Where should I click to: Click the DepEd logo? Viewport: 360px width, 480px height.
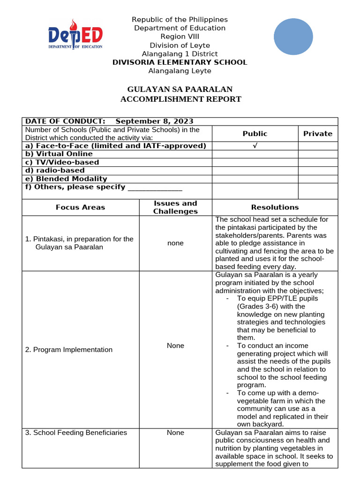pyautogui.click(x=75, y=35)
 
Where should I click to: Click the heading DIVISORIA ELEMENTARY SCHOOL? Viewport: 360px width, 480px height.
pyautogui.click(x=180, y=62)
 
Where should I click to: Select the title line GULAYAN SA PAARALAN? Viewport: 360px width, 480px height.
pyautogui.click(x=180, y=89)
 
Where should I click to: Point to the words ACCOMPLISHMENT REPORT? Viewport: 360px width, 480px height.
pyautogui.click(x=180, y=99)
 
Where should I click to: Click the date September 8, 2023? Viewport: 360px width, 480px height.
pyautogui.click(x=154, y=121)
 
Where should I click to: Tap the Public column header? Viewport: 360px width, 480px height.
pyautogui.click(x=255, y=134)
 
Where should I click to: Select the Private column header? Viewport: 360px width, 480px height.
pyautogui.click(x=317, y=134)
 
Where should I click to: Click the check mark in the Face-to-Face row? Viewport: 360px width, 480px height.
pyautogui.click(x=255, y=146)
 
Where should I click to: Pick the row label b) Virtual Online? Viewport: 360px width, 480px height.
pyautogui.click(x=59, y=154)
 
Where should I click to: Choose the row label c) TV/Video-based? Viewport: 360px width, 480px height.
pyautogui.click(x=62, y=162)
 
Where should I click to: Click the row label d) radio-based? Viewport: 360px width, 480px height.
pyautogui.click(x=55, y=170)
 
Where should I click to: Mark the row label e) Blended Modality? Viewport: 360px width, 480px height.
pyautogui.click(x=66, y=179)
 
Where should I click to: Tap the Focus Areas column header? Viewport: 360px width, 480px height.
pyautogui.click(x=81, y=207)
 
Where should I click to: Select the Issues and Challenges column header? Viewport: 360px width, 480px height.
pyautogui.click(x=175, y=207)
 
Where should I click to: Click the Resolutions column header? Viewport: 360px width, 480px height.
pyautogui.click(x=275, y=207)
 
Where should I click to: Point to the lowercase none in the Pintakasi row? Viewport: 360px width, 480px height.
pyautogui.click(x=175, y=243)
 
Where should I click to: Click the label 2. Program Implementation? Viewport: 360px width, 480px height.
pyautogui.click(x=69, y=350)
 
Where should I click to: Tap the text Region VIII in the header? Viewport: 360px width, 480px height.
pyautogui.click(x=180, y=37)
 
